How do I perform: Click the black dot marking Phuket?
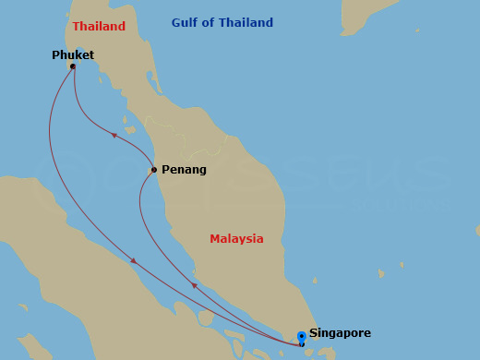72,66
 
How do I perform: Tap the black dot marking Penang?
153,170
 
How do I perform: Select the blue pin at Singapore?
301,338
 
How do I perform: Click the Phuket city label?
73,55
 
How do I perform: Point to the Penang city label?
184,170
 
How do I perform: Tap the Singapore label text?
340,333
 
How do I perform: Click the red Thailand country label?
99,27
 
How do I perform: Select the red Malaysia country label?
236,239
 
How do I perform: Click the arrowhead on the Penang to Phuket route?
114,135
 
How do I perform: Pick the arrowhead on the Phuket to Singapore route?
134,261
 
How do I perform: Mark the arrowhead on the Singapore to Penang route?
194,285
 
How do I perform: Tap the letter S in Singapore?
314,333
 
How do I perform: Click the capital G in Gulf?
176,23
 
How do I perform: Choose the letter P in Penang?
165,170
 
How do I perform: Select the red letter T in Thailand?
77,27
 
